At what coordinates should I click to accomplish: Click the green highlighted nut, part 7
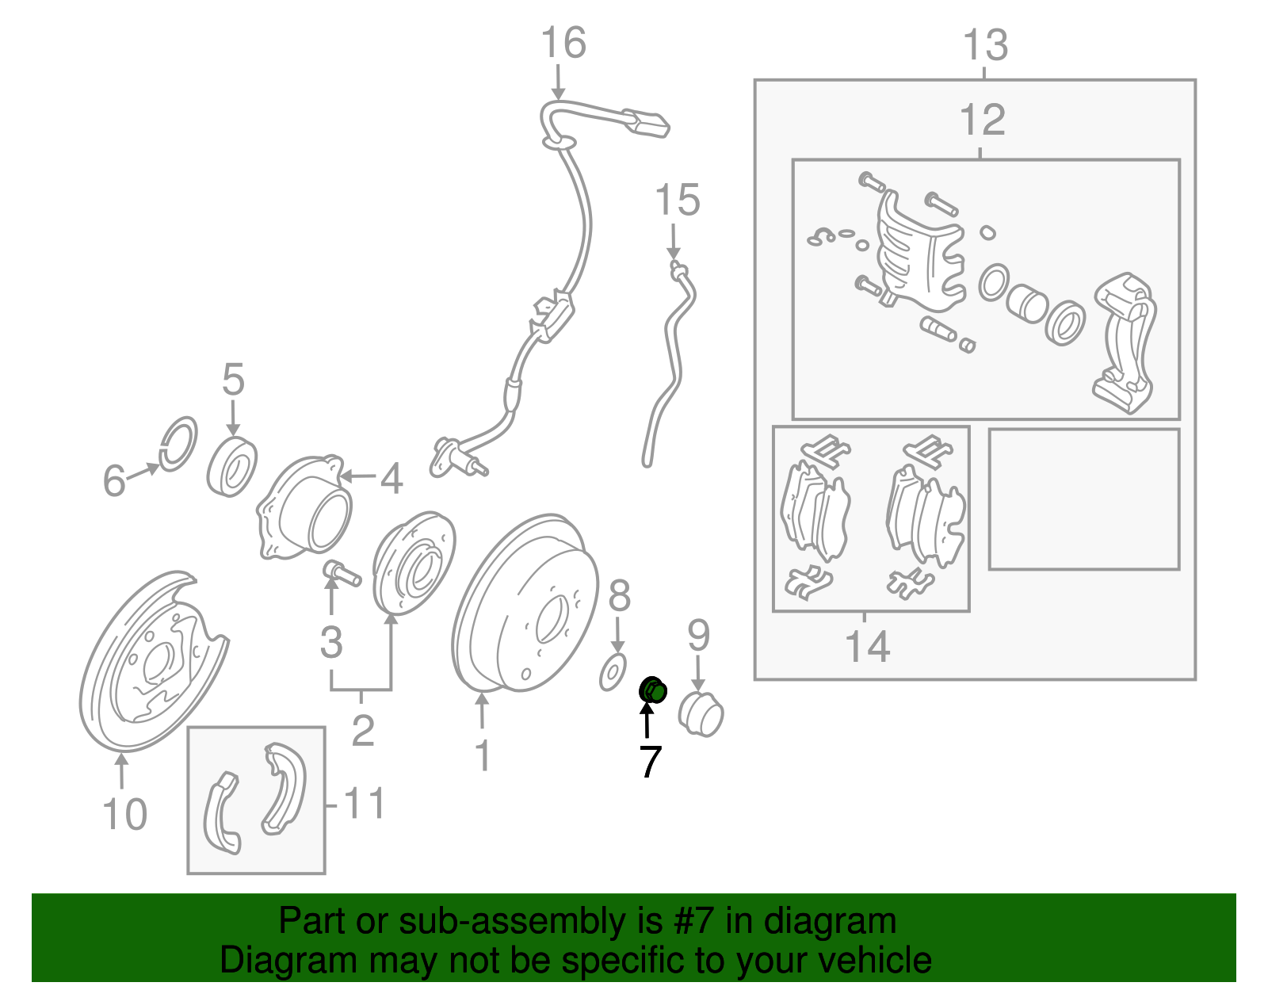tap(653, 691)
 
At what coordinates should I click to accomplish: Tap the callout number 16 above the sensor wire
tap(563, 43)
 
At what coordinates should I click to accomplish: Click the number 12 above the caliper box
tap(983, 120)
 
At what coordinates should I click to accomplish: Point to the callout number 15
tap(678, 200)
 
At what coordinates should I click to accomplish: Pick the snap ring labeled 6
tap(178, 445)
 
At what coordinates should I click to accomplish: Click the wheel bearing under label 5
tap(232, 467)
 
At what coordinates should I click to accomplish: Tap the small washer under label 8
tap(613, 672)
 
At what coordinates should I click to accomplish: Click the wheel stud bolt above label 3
tap(342, 573)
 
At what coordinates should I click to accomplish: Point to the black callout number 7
tap(651, 762)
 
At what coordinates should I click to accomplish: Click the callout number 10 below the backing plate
tap(124, 814)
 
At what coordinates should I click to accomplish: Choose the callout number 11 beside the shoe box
tap(364, 803)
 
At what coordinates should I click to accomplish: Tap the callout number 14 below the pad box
tap(867, 647)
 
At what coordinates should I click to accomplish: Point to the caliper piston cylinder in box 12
tap(1027, 304)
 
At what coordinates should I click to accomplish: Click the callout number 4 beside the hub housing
tap(391, 479)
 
